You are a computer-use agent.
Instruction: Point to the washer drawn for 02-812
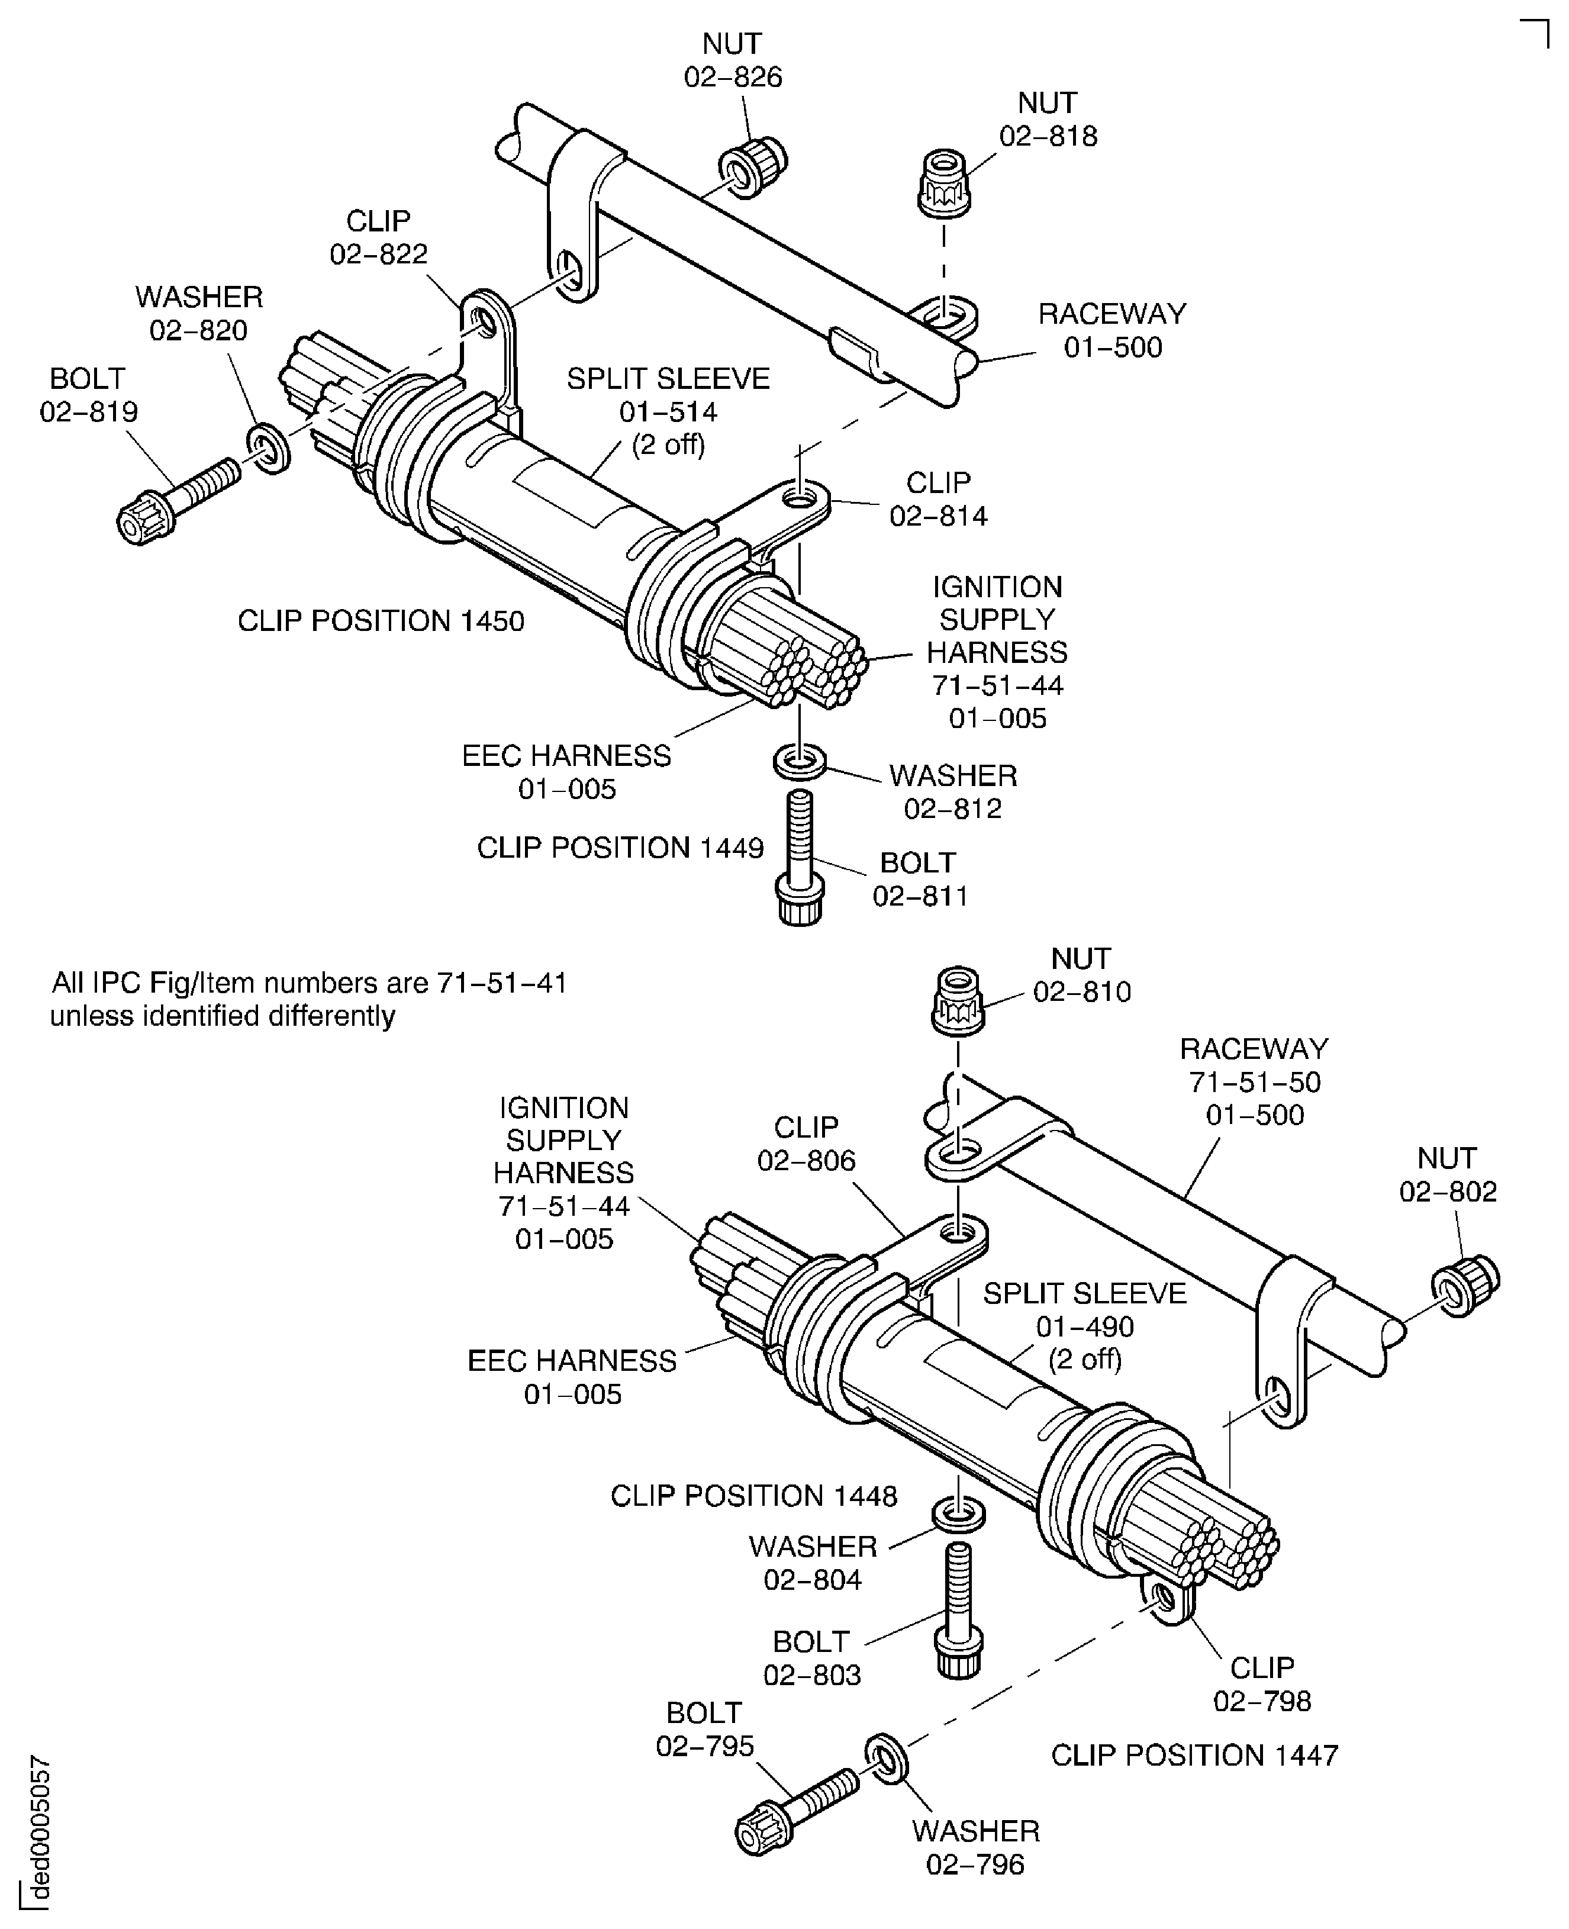(799, 760)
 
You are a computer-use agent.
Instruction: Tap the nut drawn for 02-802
(1464, 1286)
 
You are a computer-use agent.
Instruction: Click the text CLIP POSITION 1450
(381, 621)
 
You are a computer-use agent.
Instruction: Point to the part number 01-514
(668, 412)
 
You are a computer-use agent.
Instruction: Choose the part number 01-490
(1084, 1327)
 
